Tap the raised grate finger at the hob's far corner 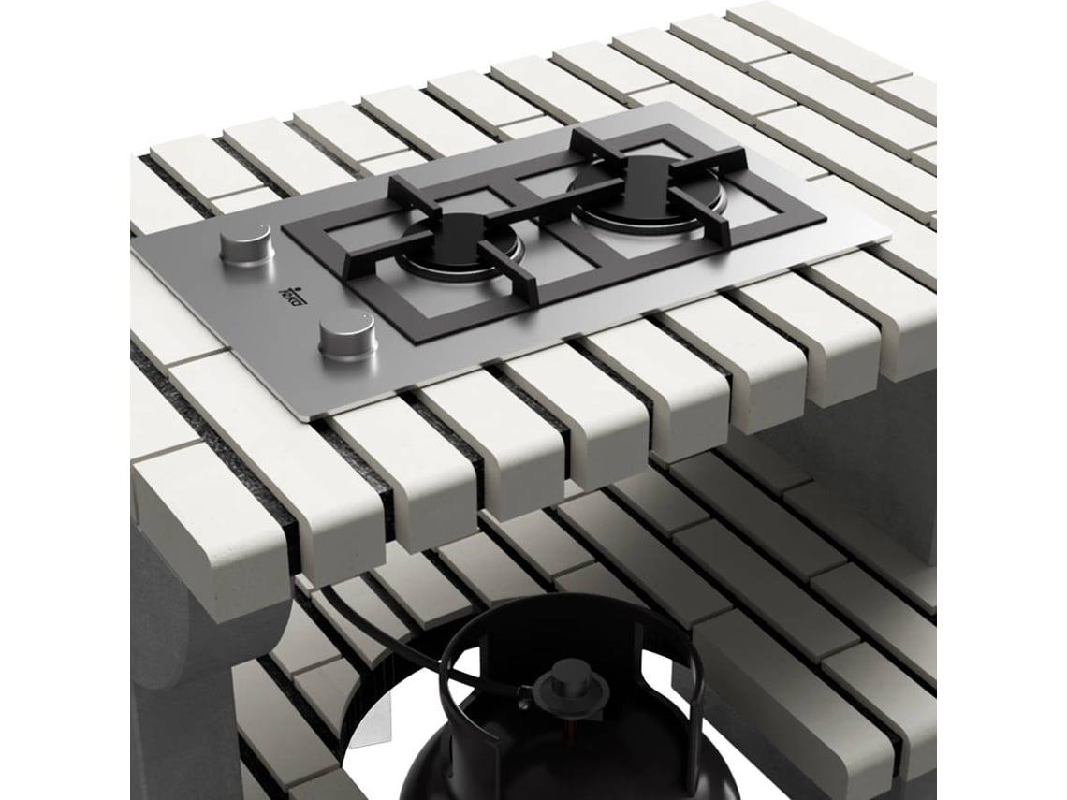[599, 140]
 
